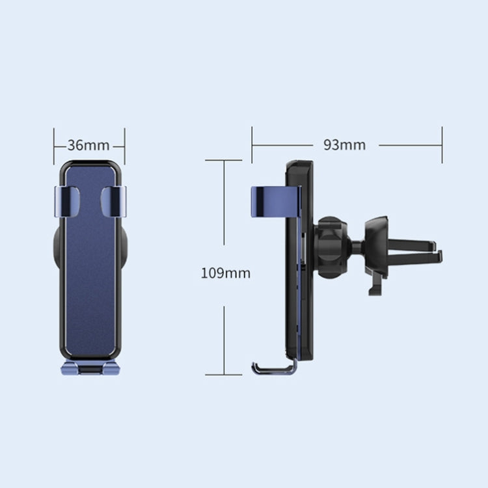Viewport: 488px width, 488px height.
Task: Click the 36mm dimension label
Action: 88,145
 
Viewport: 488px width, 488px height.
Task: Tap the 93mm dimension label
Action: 344,145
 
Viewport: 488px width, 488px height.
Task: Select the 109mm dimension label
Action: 225,273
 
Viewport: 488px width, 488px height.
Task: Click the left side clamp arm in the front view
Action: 66,201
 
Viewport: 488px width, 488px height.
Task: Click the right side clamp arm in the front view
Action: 113,201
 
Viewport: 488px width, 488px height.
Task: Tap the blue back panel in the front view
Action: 90,273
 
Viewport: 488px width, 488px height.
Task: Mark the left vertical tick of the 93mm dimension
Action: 252,145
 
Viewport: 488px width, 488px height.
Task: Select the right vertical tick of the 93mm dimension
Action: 442,145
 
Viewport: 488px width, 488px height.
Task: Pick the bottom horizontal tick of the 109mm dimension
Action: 223,374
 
